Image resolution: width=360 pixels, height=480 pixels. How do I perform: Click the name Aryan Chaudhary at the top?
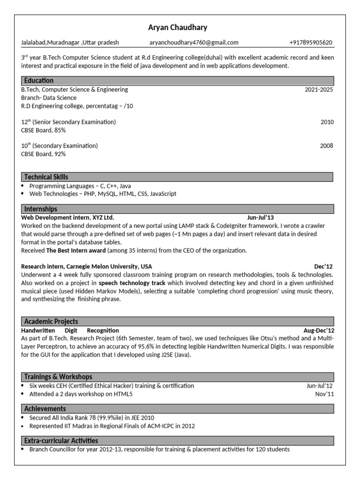177,28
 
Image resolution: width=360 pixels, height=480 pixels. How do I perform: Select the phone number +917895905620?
311,43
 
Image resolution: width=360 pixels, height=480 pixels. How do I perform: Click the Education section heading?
38,81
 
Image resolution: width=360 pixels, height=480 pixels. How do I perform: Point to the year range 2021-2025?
319,90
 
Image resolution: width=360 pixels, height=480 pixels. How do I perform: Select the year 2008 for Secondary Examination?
327,146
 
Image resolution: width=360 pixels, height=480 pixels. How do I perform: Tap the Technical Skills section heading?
46,177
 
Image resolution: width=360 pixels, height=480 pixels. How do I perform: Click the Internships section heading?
40,209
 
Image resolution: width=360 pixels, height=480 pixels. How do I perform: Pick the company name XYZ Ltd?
103,217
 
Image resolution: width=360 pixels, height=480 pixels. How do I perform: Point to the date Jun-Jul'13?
260,217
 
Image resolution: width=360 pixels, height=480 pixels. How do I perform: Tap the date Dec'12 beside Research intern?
323,267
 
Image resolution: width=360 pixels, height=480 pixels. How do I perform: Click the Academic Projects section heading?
51,322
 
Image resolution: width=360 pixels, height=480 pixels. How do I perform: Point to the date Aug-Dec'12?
319,330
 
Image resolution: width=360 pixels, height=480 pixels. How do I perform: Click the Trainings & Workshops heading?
58,377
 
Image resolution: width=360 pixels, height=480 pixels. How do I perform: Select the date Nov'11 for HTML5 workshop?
324,394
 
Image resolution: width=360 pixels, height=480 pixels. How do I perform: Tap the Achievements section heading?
45,409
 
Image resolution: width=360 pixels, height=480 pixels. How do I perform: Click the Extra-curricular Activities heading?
61,441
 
